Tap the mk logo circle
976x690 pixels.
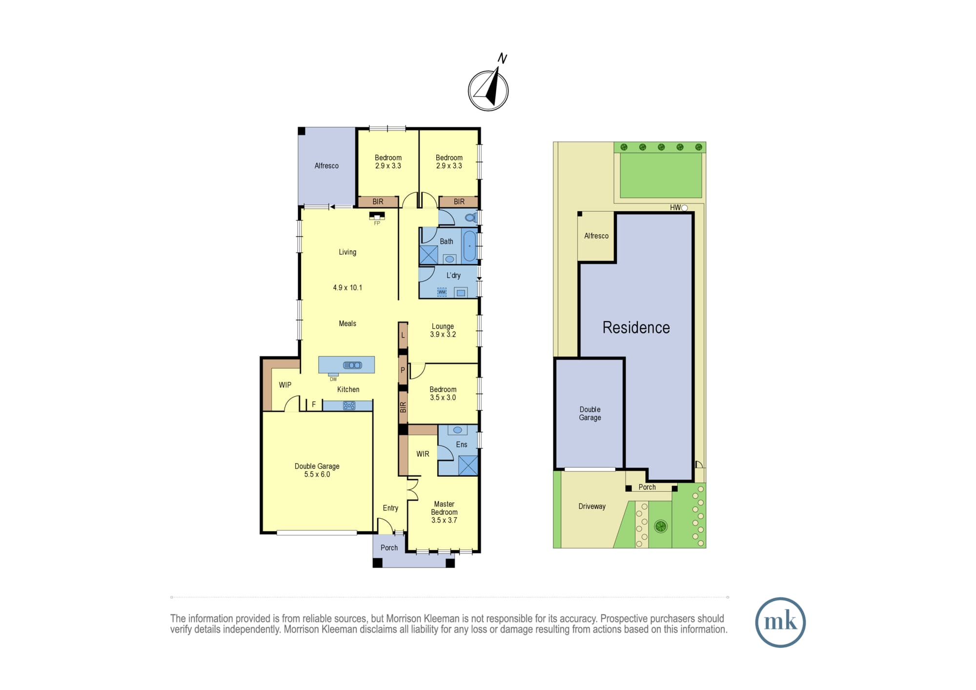pyautogui.click(x=780, y=622)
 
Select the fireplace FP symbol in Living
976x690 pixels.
pyautogui.click(x=377, y=217)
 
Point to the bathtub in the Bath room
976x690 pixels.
pyautogui.click(x=469, y=246)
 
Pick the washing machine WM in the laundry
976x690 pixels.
pyautogui.click(x=442, y=292)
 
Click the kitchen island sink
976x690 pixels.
pyautogui.click(x=352, y=365)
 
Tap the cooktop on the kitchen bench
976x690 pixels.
pyautogui.click(x=349, y=406)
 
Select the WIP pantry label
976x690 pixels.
pyautogui.click(x=285, y=385)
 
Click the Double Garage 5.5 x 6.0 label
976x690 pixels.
pyautogui.click(x=317, y=470)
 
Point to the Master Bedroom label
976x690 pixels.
pyautogui.click(x=444, y=512)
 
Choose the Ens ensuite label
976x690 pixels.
pyautogui.click(x=462, y=445)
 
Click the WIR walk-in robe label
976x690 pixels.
pyautogui.click(x=423, y=454)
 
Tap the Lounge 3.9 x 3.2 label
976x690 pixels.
pyautogui.click(x=443, y=330)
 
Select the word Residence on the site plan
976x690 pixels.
pyautogui.click(x=636, y=327)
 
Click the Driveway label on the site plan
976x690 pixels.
pyautogui.click(x=592, y=507)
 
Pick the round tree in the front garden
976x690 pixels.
pyautogui.click(x=661, y=526)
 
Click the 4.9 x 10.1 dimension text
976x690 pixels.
pyautogui.click(x=347, y=288)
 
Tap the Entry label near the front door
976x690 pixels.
pyautogui.click(x=390, y=508)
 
